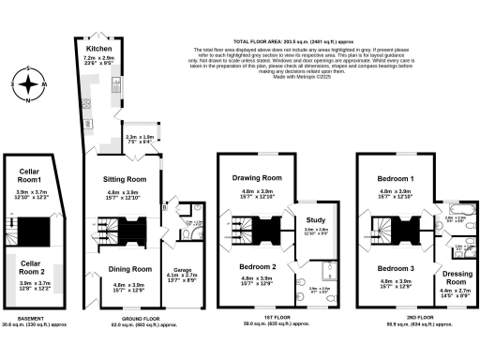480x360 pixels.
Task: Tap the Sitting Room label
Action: pyautogui.click(x=125, y=178)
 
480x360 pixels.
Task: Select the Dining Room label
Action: pyautogui.click(x=125, y=270)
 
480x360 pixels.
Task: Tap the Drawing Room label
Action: pyautogui.click(x=257, y=177)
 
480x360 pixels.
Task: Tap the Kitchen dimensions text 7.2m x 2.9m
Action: pyautogui.click(x=100, y=57)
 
